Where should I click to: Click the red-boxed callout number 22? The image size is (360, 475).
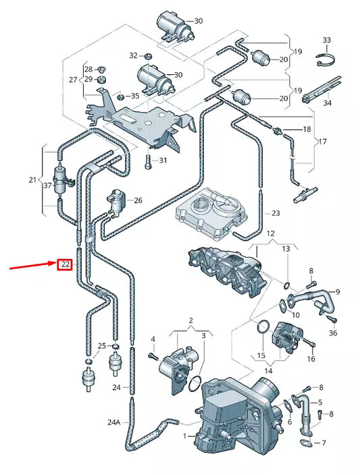pyautogui.click(x=64, y=264)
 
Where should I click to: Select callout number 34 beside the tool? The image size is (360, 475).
pyautogui.click(x=327, y=103)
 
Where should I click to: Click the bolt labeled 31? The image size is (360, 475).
pyautogui.click(x=147, y=161)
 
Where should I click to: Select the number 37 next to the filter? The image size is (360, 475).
pyautogui.click(x=47, y=186)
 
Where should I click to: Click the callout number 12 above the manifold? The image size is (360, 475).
pyautogui.click(x=270, y=233)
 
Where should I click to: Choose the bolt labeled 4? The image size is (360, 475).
pyautogui.click(x=153, y=355)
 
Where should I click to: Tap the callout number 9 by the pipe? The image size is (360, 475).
pyautogui.click(x=338, y=291)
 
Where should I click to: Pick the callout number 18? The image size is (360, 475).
pyautogui.click(x=307, y=129)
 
